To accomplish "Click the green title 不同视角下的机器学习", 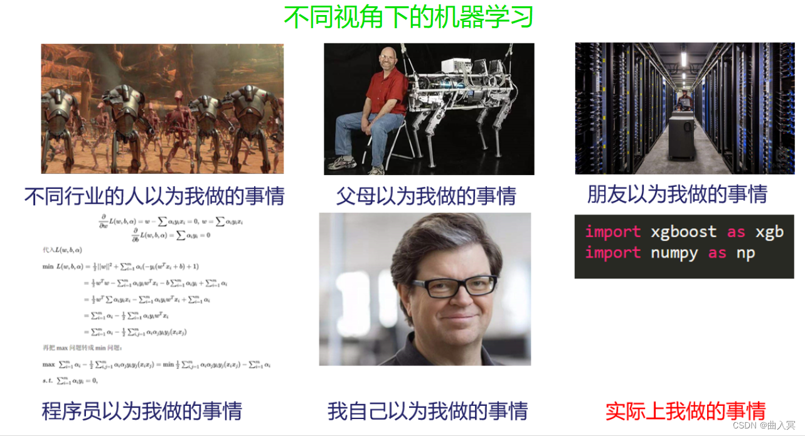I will pos(408,17).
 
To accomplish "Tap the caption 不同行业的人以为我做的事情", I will pos(154,196).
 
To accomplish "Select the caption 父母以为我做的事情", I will pos(426,196).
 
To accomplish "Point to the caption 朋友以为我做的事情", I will pos(677,194).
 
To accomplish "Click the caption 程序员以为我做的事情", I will pos(142,411).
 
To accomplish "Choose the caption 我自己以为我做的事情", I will pos(427,411).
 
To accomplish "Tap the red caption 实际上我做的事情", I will pos(685,411).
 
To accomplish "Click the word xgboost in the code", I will pos(683,232).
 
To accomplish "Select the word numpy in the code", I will pos(674,253).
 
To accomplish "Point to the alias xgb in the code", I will pos(769,232).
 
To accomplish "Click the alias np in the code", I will pos(746,253).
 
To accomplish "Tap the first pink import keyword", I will pos(613,232).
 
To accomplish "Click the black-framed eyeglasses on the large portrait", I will pos(454,287).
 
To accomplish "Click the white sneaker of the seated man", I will pos(342,164).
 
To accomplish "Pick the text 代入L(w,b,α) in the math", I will pos(61,250).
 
